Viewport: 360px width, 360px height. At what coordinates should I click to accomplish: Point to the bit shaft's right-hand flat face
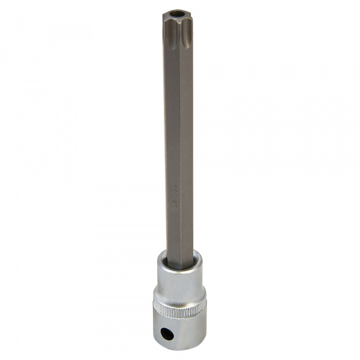click(x=187, y=150)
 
